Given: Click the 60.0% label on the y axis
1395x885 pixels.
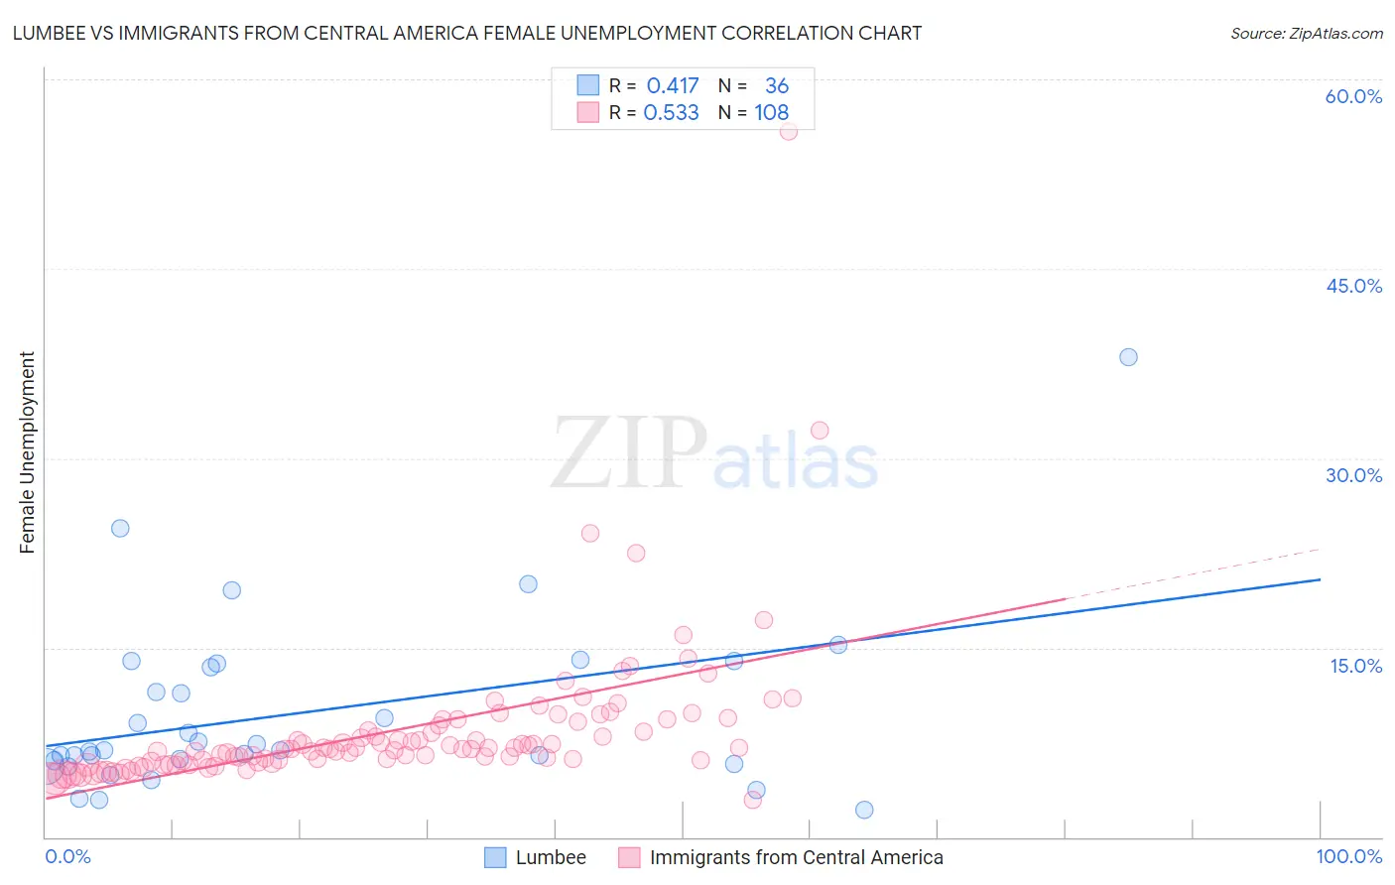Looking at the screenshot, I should [x=1353, y=96].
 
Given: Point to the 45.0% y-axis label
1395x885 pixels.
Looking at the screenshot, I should [x=1353, y=286].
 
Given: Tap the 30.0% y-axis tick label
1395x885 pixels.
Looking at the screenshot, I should [x=1353, y=475].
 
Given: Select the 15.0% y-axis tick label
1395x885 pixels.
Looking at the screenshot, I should [x=1355, y=665].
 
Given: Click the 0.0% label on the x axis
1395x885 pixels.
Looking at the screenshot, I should [x=67, y=857].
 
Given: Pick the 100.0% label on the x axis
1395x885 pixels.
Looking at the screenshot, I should [x=1348, y=857].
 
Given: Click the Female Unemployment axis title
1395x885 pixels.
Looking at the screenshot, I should [x=27, y=451].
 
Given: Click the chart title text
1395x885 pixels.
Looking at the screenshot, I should [x=466, y=33].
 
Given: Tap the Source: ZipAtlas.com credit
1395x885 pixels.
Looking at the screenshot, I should [x=1306, y=33].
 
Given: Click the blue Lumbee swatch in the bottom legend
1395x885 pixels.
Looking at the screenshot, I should [x=495, y=857].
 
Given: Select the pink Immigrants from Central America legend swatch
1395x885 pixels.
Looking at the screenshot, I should [x=629, y=857].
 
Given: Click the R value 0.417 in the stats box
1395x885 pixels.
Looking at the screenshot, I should [x=673, y=85].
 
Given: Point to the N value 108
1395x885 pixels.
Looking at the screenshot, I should [x=771, y=112].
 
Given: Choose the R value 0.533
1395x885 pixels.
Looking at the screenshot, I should [x=672, y=112].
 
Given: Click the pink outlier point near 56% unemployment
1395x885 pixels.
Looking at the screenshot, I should [x=789, y=131].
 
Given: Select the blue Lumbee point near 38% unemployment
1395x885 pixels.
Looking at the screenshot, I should [x=1128, y=357].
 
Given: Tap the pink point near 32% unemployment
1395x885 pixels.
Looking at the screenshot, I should [x=820, y=430].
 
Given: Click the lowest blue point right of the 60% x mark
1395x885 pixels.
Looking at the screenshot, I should [x=864, y=810].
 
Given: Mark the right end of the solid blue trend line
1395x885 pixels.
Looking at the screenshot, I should [x=1320, y=579].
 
